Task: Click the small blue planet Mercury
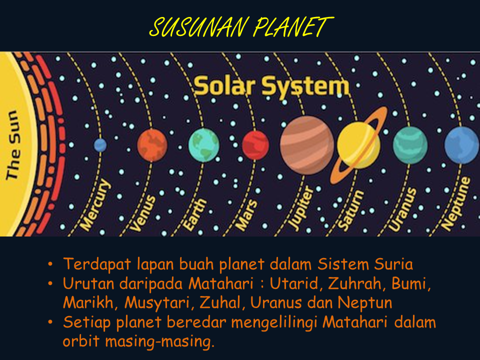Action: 100,145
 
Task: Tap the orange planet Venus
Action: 152,144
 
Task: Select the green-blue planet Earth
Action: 203,144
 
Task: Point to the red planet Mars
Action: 255,145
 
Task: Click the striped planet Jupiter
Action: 306,145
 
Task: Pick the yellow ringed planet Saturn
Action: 358,145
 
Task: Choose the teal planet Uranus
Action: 410,145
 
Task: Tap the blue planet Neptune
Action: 461,145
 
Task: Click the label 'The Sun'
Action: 13,144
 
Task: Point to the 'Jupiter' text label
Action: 301,208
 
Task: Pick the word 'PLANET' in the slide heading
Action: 291,27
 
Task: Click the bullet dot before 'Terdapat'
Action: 50,264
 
